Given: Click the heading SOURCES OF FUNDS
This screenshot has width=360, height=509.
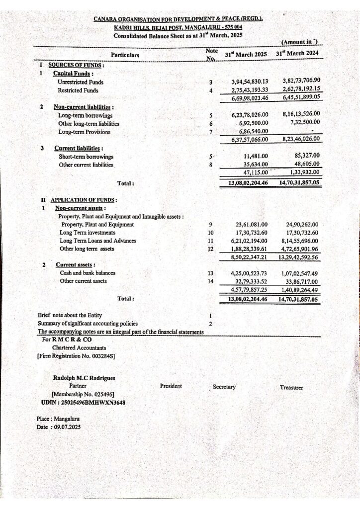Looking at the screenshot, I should tap(76, 65).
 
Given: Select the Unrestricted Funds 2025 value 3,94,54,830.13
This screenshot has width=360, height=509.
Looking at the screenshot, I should tap(250, 82).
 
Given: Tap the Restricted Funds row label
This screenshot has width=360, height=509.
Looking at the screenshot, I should tap(78, 90).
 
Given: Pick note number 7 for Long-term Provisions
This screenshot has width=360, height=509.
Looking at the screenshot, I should tap(211, 132).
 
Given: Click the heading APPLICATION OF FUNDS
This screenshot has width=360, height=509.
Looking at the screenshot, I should tap(84, 200).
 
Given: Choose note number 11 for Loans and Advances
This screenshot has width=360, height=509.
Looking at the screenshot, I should tap(210, 241).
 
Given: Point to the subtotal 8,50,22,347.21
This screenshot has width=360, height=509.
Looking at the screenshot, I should tap(249, 257).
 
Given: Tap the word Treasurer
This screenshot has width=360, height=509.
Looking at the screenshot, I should tap(294, 387).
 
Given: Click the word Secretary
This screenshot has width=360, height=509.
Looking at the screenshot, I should tap(224, 387).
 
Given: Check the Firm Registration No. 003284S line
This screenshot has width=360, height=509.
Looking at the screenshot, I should tap(76, 356).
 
